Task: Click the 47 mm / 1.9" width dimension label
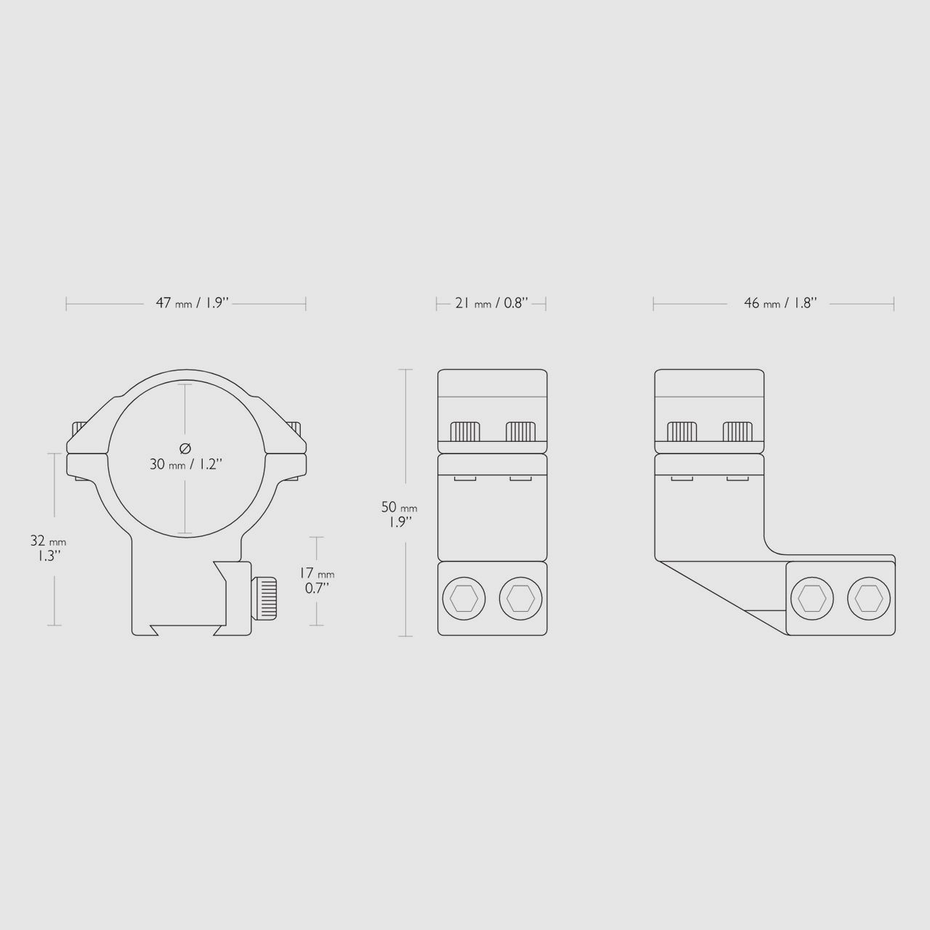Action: (x=192, y=303)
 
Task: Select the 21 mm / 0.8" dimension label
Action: (x=491, y=303)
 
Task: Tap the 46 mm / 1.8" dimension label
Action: (x=780, y=303)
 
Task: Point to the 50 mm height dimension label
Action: (x=399, y=514)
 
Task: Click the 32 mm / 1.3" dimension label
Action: (x=48, y=549)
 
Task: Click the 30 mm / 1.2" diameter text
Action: (x=186, y=464)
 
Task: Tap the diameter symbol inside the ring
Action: (x=185, y=448)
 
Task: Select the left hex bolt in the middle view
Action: (x=464, y=599)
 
